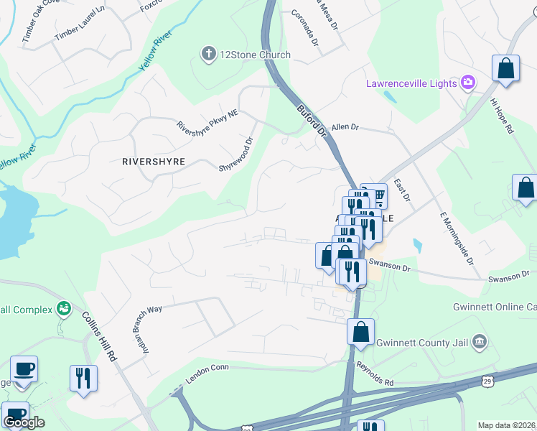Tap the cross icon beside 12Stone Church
pos(209,54)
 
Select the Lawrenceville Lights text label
pos(411,83)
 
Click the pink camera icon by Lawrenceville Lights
pos(468,83)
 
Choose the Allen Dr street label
pos(344,127)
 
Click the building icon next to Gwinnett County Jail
pos(480,340)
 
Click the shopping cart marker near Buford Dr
pos(378,195)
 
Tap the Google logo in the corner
pos(24,422)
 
